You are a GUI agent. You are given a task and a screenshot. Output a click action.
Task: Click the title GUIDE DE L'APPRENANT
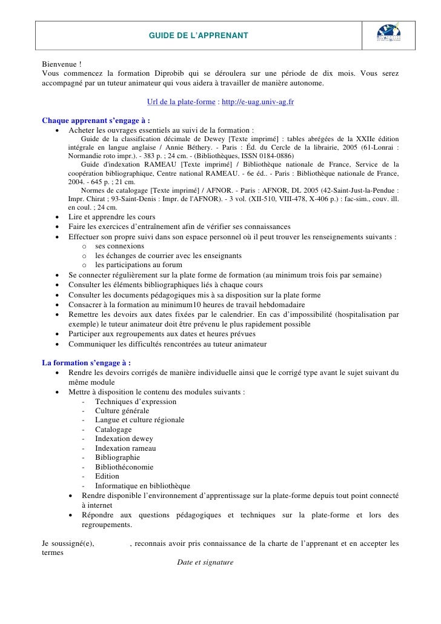199,37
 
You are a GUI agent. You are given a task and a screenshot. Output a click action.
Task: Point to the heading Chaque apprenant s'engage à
96,119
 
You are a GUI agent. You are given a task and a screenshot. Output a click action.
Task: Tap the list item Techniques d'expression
136,402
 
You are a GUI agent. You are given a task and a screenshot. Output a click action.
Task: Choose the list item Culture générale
122,411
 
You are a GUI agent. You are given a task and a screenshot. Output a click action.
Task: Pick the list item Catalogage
113,430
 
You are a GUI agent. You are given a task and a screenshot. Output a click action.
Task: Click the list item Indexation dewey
124,439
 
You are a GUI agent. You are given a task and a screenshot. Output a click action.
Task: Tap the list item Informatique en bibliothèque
142,486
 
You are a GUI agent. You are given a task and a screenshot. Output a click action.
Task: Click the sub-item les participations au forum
139,265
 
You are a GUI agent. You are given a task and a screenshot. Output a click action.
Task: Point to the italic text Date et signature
205,562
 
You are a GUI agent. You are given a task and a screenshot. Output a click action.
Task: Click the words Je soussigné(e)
68,543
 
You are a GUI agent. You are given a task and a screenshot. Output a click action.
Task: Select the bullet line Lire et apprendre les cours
111,217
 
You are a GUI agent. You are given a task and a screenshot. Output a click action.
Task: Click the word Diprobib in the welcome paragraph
176,73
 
